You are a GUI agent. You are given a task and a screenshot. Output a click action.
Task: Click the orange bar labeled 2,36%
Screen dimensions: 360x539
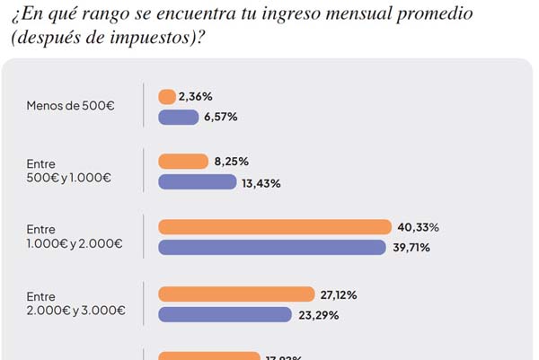[x=166, y=96]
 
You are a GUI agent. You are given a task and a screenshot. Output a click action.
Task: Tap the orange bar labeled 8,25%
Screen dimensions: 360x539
[x=182, y=162]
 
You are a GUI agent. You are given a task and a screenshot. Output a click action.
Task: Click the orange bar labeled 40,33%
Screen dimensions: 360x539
[x=275, y=226]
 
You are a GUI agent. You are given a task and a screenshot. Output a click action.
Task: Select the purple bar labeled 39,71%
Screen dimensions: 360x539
[x=273, y=247]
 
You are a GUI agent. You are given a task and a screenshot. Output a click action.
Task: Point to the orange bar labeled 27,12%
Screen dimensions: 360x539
[x=236, y=294]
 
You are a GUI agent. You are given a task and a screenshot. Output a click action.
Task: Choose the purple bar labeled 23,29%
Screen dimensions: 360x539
[x=225, y=314]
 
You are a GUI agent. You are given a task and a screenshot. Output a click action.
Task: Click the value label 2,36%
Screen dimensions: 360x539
[x=195, y=96]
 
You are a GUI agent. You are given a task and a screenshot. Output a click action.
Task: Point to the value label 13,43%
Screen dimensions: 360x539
[x=261, y=183]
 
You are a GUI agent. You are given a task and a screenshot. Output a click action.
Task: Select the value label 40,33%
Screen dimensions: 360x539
[x=420, y=227]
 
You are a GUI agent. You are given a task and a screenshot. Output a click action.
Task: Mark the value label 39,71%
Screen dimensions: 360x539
[x=416, y=248]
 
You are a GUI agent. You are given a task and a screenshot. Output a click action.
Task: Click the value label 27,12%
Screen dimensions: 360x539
[x=342, y=294]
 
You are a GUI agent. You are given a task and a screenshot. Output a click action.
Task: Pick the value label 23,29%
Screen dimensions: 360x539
[x=320, y=315]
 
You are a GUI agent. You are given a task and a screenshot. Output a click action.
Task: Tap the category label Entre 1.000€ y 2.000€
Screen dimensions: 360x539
[x=75, y=237]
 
